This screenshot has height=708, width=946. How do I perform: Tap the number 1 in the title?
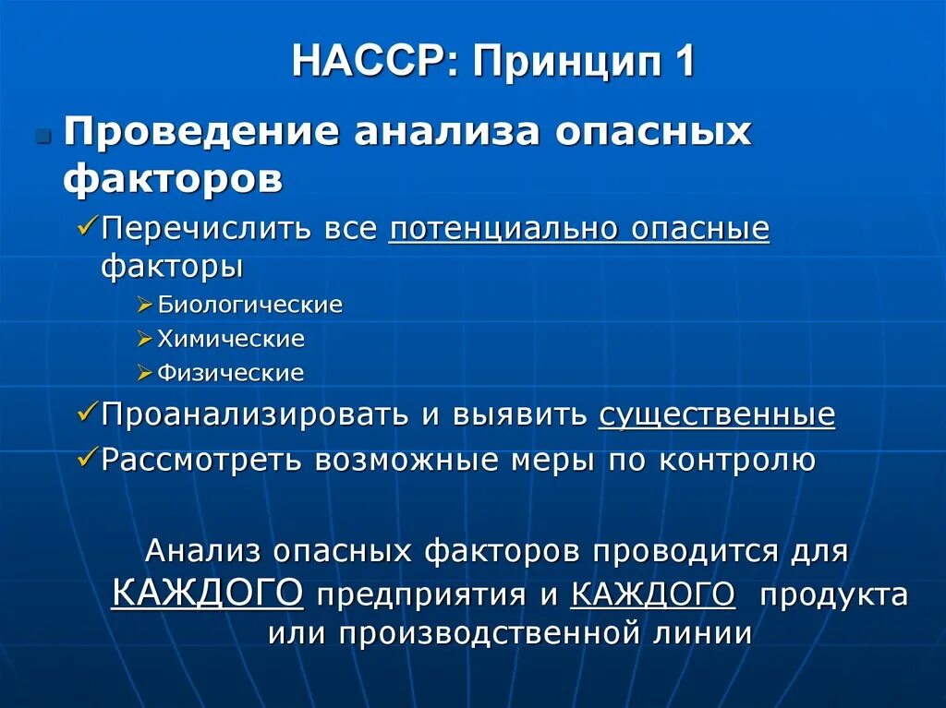coord(683,62)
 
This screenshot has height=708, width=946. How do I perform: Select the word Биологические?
coord(249,305)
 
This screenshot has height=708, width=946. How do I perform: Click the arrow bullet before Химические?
coord(144,340)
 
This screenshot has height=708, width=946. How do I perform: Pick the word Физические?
coord(230,373)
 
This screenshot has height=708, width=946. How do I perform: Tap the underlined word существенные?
coord(717,415)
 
